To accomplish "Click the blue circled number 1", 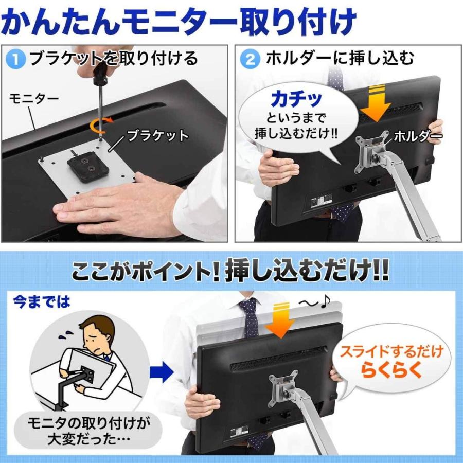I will (17, 59).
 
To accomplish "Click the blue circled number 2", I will (250, 59).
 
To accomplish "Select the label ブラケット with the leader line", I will (157, 136).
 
